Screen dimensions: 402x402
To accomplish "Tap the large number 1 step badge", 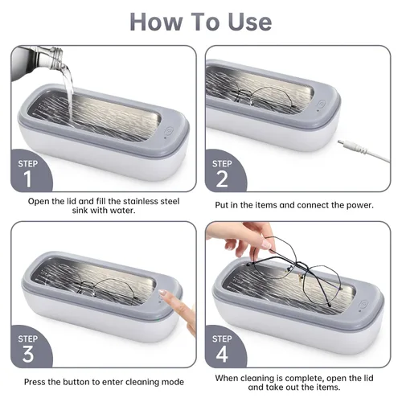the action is click(x=27, y=179).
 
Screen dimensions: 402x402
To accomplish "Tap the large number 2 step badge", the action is click(x=222, y=179).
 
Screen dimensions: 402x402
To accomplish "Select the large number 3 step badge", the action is click(x=27, y=355).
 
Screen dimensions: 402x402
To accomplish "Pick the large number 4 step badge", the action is click(x=222, y=355).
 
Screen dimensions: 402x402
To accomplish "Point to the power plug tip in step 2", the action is click(x=340, y=142).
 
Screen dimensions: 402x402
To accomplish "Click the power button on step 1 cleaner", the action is click(x=169, y=131).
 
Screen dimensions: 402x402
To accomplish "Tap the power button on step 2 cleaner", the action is click(x=322, y=104).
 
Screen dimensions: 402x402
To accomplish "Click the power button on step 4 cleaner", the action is click(x=363, y=304).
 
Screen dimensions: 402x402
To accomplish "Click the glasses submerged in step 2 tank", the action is click(x=263, y=97).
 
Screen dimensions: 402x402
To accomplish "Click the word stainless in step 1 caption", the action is click(x=142, y=201).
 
